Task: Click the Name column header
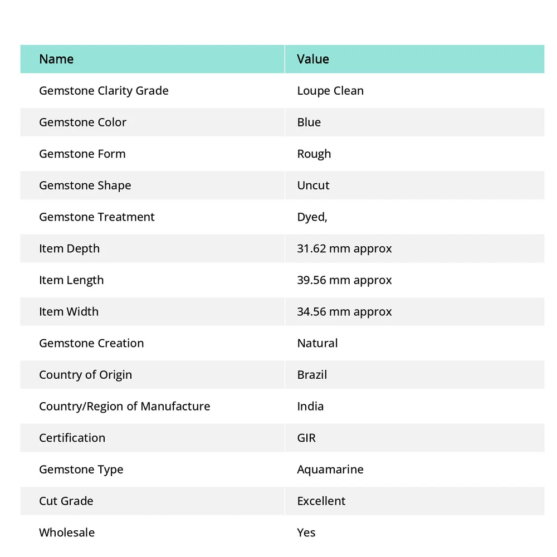coord(56,59)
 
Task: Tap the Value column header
coord(313,59)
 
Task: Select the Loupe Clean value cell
coord(330,91)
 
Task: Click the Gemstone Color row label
coord(82,123)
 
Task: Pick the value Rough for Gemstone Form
coord(314,154)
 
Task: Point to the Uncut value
coord(313,185)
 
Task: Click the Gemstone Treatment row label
coord(97,217)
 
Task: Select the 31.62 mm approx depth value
coord(344,248)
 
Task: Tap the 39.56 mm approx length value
coord(344,280)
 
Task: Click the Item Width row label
coord(69,312)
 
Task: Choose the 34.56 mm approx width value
coord(344,312)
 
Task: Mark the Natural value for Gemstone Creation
coord(317,343)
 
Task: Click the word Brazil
coord(312,375)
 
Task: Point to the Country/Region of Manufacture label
coord(125,407)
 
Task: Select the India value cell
coord(310,407)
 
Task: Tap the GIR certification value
coord(306,438)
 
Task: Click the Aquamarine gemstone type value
coord(330,470)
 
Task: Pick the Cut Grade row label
coord(66,501)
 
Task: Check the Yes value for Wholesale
coord(306,532)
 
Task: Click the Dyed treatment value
coord(312,217)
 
